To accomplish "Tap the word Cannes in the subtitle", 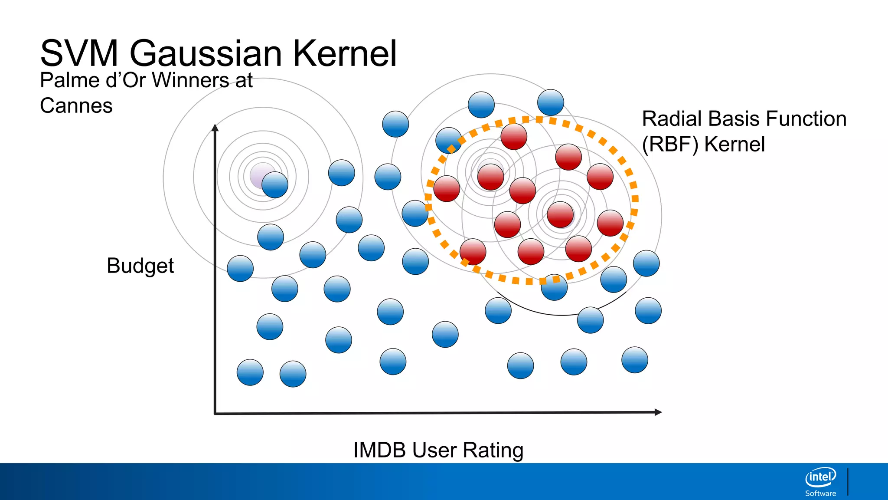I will click(76, 106).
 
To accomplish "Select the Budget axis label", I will click(140, 266).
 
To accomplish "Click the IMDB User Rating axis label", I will click(438, 450).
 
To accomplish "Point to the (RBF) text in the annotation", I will click(670, 144).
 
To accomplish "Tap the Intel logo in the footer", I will click(820, 477).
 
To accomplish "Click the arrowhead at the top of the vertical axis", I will click(215, 127).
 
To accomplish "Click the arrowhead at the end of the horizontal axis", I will click(658, 412).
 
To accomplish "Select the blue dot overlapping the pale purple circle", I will click(275, 185).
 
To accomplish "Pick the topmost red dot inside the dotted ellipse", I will click(514, 136).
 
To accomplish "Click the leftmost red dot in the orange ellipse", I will click(447, 189).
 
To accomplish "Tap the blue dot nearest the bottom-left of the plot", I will click(250, 372).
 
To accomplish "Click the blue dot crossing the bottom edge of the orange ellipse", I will click(554, 287).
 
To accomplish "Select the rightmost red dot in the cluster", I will click(610, 223).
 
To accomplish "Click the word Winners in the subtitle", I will click(191, 80).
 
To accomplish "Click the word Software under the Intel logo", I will click(820, 493).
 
